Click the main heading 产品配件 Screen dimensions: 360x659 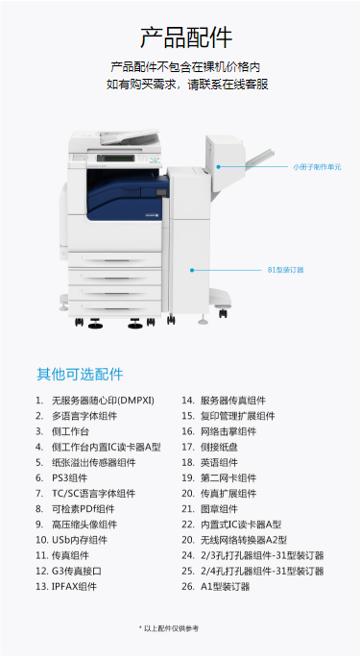click(186, 37)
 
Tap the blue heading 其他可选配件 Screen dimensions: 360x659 click(80, 374)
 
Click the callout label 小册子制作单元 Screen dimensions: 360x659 click(317, 167)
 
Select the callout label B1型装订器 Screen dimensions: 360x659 click(286, 270)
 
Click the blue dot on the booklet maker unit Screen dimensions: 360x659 click(219, 167)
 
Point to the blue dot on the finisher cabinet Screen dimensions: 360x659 click(192, 270)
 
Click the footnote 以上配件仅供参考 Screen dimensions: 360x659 click(168, 628)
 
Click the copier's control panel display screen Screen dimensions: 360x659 click(115, 158)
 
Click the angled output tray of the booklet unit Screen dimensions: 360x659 click(260, 158)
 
